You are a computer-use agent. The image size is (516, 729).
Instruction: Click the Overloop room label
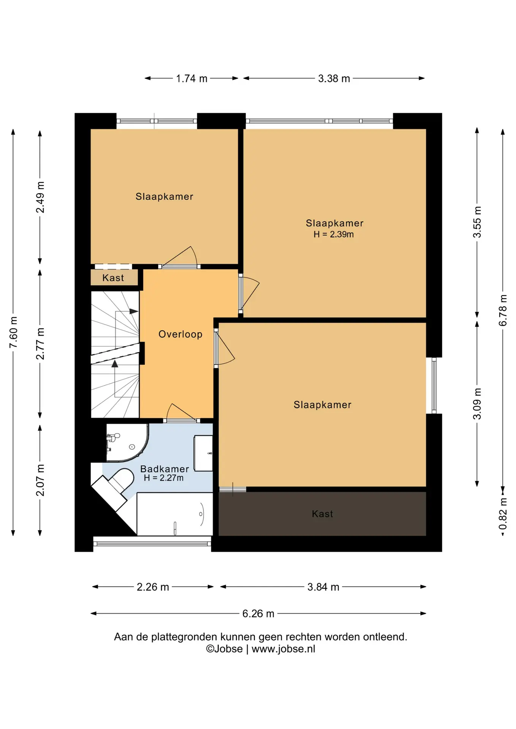[180, 334]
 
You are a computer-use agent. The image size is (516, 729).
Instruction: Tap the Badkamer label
[165, 469]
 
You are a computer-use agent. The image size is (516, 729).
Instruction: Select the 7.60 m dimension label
[13, 332]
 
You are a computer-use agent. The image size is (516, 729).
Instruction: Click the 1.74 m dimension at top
[192, 79]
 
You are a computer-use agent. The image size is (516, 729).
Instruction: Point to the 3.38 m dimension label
[334, 79]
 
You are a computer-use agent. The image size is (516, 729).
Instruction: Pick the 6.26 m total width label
[258, 614]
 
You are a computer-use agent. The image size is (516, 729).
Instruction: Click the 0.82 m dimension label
[503, 514]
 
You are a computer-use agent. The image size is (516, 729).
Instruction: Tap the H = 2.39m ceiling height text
[334, 234]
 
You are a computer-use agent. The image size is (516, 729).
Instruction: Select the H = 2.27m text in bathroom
[164, 478]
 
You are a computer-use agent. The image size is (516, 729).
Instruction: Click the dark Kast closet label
[323, 514]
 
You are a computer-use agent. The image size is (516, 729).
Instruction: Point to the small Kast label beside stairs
[113, 278]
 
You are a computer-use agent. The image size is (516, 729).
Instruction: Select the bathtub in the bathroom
[175, 514]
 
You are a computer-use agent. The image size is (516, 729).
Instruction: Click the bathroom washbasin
[203, 453]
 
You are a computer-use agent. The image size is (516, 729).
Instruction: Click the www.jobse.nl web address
[283, 649]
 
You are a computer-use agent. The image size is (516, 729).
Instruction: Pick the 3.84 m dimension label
[323, 587]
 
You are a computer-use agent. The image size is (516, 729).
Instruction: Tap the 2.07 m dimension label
[40, 480]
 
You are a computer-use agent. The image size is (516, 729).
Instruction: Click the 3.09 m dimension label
[477, 404]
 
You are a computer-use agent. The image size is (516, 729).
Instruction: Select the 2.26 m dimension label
[153, 587]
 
